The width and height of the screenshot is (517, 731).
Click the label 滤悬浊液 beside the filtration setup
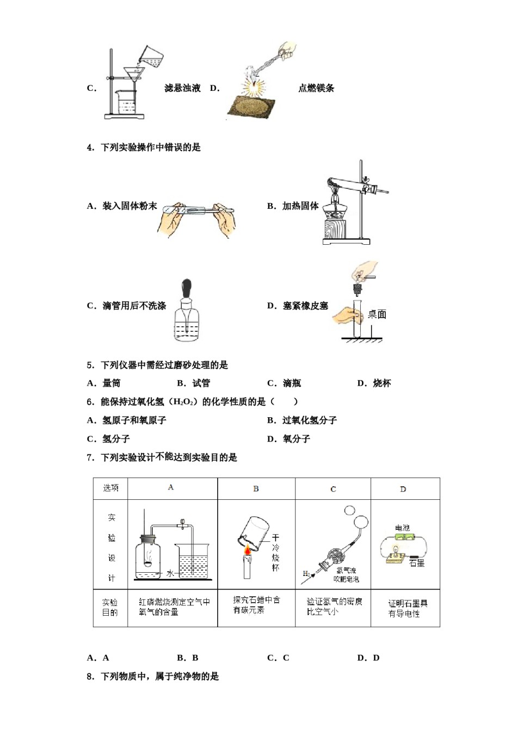pos(182,88)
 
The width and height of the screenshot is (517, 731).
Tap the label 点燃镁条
pos(316,88)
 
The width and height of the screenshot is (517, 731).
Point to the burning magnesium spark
pos(253,85)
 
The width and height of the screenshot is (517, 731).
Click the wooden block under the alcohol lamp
pos(340,228)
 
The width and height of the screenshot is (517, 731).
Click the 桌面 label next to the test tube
pos(377,314)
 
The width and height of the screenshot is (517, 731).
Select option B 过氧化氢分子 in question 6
pos(302,420)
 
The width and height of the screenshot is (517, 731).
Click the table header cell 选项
pos(110,488)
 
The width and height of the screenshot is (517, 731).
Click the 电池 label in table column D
pos(402,528)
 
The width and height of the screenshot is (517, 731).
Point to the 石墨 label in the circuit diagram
pos(417,563)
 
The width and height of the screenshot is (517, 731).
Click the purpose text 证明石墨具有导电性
pos(408,608)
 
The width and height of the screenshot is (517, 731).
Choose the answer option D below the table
pos(368,658)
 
